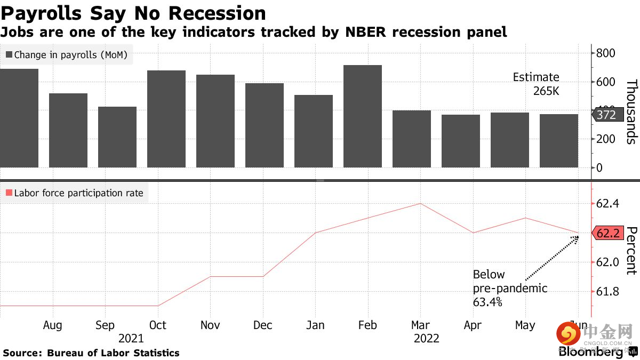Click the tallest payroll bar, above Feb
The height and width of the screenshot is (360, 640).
pyautogui.click(x=362, y=116)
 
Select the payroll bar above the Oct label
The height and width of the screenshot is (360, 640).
pyautogui.click(x=166, y=119)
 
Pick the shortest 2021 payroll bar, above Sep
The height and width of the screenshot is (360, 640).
pyautogui.click(x=117, y=137)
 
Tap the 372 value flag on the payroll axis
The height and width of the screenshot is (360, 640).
pyautogui.click(x=606, y=115)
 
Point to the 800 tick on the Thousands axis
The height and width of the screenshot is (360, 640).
pyautogui.click(x=605, y=53)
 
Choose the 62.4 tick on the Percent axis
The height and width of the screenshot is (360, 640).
pyautogui.click(x=608, y=204)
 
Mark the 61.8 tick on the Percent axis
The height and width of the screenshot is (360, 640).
pyautogui.click(x=608, y=292)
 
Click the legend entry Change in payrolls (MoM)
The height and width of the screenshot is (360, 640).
pyautogui.click(x=66, y=54)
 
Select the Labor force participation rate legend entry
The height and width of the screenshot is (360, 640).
pyautogui.click(x=74, y=193)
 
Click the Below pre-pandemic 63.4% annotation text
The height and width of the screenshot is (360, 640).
pyautogui.click(x=509, y=289)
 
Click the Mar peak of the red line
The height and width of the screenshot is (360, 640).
pyautogui.click(x=421, y=203)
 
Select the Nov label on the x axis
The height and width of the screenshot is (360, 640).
pyautogui.click(x=210, y=325)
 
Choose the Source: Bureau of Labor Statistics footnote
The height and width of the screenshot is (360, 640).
pyautogui.click(x=91, y=353)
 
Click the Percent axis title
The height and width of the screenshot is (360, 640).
pyautogui.click(x=631, y=251)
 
